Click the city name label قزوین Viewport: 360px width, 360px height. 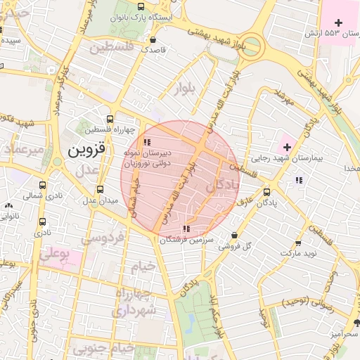(86, 150)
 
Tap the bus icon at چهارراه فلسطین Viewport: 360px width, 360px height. (109, 119)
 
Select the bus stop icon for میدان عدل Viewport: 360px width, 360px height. (99, 189)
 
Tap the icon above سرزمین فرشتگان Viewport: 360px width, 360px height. (186, 229)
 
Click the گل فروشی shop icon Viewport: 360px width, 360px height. (234, 236)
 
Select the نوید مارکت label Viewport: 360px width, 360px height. (297, 252)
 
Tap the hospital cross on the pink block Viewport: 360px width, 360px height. (339, 22)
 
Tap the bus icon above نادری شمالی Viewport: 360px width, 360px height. (44, 186)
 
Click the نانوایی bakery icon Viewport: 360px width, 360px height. (8, 206)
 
